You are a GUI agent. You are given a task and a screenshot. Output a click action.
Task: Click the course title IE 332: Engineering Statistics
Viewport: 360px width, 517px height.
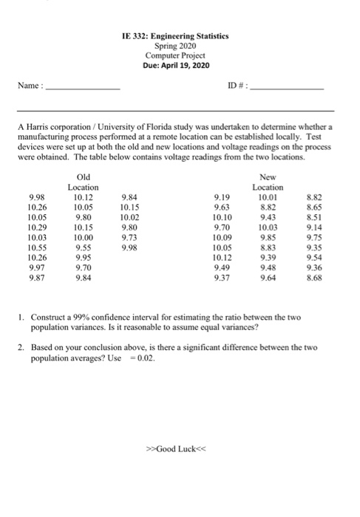177,35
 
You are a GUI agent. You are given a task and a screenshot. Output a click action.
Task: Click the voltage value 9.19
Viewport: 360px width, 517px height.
222,197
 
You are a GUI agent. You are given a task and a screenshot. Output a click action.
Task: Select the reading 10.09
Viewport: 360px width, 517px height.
222,239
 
